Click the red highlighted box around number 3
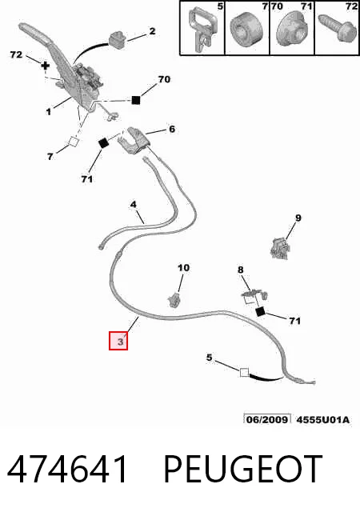point(118,341)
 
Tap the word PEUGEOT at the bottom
point(243,470)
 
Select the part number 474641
point(67,470)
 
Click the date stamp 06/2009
point(267,419)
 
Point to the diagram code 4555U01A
point(322,419)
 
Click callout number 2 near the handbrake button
point(152,31)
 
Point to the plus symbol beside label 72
point(46,66)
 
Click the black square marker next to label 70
point(135,99)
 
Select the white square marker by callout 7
point(73,142)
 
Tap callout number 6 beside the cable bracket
point(172,129)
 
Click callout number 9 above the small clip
point(298,218)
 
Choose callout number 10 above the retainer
point(183,268)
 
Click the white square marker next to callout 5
point(244,372)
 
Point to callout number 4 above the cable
point(133,205)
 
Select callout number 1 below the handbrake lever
point(48,112)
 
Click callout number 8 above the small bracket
point(241,270)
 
